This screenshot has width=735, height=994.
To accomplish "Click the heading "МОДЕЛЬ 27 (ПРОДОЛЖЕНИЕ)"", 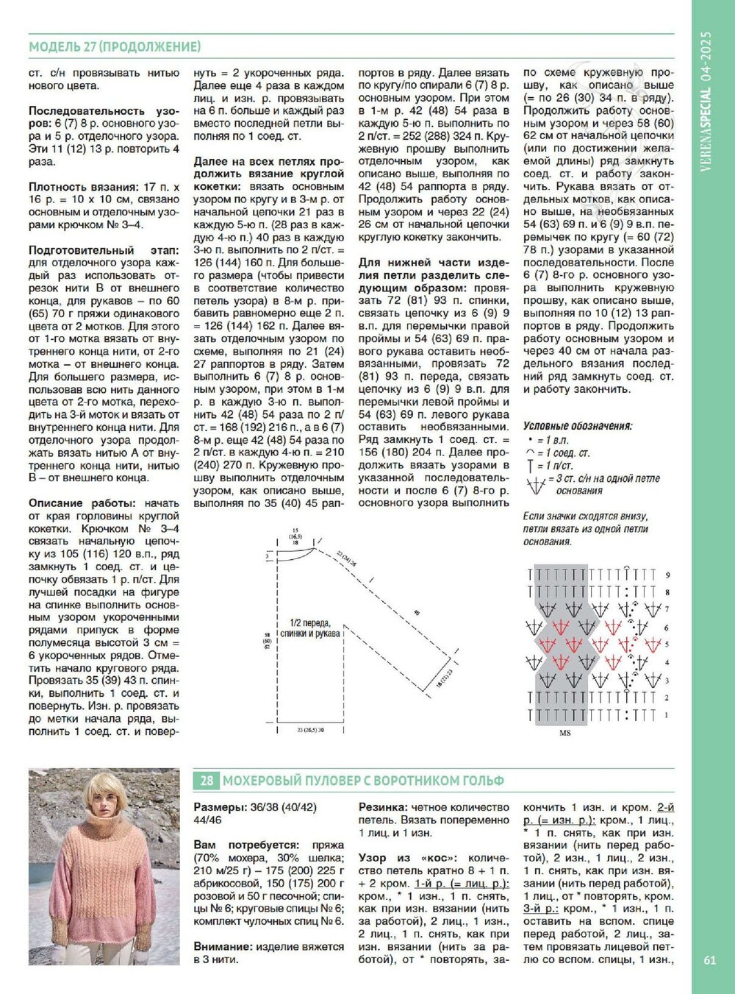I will (115, 47).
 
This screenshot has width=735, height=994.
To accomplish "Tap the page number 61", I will (709, 959).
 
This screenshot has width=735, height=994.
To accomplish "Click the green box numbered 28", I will (207, 781).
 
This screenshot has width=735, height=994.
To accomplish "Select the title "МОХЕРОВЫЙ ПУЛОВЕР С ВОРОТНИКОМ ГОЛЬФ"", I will (363, 781).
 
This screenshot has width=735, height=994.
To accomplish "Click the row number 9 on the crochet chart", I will (667, 575).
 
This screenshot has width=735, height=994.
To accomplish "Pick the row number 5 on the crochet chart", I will (667, 645).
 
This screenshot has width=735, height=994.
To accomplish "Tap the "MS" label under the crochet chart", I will (564, 733).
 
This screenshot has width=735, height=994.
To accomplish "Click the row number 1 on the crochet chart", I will (667, 714).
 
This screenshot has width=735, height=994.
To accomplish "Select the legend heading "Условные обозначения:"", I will (577, 426).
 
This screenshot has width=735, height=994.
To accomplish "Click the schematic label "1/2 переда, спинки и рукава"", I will (309, 628).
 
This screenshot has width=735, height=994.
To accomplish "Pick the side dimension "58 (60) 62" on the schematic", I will (266, 640).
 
